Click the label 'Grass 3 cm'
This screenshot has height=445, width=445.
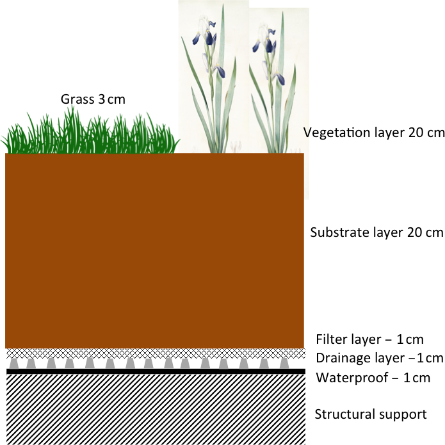click(93, 99)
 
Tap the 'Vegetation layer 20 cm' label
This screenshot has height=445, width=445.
click(374, 133)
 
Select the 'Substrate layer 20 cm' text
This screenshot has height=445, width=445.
click(376, 232)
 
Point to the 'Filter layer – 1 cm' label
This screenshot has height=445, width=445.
click(370, 339)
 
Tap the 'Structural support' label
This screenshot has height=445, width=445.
click(370, 414)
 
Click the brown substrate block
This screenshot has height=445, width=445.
click(154, 250)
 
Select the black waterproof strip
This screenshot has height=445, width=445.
click(154, 371)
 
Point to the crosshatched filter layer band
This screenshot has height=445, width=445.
click(154, 353)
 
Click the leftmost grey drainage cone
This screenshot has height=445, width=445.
click(12, 363)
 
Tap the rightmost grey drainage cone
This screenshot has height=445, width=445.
click(284, 363)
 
